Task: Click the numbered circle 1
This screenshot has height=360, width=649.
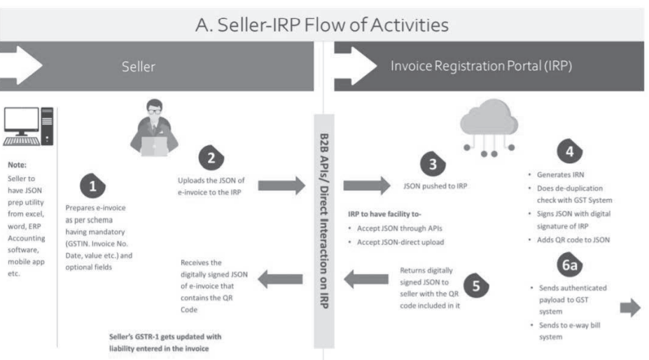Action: [94, 186]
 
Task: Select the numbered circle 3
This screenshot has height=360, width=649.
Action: [432, 166]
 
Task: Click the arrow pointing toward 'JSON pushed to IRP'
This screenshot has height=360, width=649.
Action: [365, 186]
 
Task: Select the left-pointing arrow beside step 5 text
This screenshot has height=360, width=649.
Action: [366, 281]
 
